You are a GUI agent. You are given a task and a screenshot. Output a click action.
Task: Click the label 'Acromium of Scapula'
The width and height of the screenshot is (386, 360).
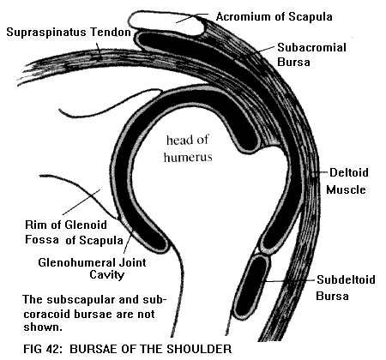[x=274, y=17]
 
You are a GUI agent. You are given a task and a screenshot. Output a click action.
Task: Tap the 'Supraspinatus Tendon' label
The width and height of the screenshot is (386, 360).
[x=69, y=32]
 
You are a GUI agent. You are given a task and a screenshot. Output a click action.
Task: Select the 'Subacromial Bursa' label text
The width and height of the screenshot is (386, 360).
[x=311, y=55]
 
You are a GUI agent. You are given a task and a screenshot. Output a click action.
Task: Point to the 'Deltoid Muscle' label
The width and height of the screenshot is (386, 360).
[x=347, y=181]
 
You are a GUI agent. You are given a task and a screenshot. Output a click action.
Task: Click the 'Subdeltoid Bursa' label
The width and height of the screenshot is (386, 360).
[x=346, y=287]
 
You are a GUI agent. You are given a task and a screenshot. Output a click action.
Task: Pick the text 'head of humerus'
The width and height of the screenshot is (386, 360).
[x=188, y=148]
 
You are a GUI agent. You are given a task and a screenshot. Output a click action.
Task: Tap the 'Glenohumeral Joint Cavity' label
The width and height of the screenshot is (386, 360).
[x=92, y=268]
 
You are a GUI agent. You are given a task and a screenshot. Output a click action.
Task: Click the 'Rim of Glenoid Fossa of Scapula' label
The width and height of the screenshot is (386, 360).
[x=75, y=232]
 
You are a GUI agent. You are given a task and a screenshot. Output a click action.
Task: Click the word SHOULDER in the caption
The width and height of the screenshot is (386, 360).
[x=199, y=349]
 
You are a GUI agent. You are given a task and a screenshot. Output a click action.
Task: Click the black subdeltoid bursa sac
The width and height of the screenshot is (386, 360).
[x=250, y=287]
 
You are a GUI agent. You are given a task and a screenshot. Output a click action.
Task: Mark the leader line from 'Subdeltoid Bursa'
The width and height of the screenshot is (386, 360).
[x=290, y=281]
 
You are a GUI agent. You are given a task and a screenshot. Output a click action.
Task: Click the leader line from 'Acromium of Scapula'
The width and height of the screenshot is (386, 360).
[x=192, y=18]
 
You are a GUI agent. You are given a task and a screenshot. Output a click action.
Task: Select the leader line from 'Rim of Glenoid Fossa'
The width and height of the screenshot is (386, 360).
[x=81, y=201]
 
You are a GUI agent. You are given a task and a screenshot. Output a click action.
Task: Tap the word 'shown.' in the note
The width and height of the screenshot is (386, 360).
[x=43, y=327]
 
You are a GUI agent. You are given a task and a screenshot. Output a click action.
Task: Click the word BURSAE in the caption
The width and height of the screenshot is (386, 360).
[x=93, y=349]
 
